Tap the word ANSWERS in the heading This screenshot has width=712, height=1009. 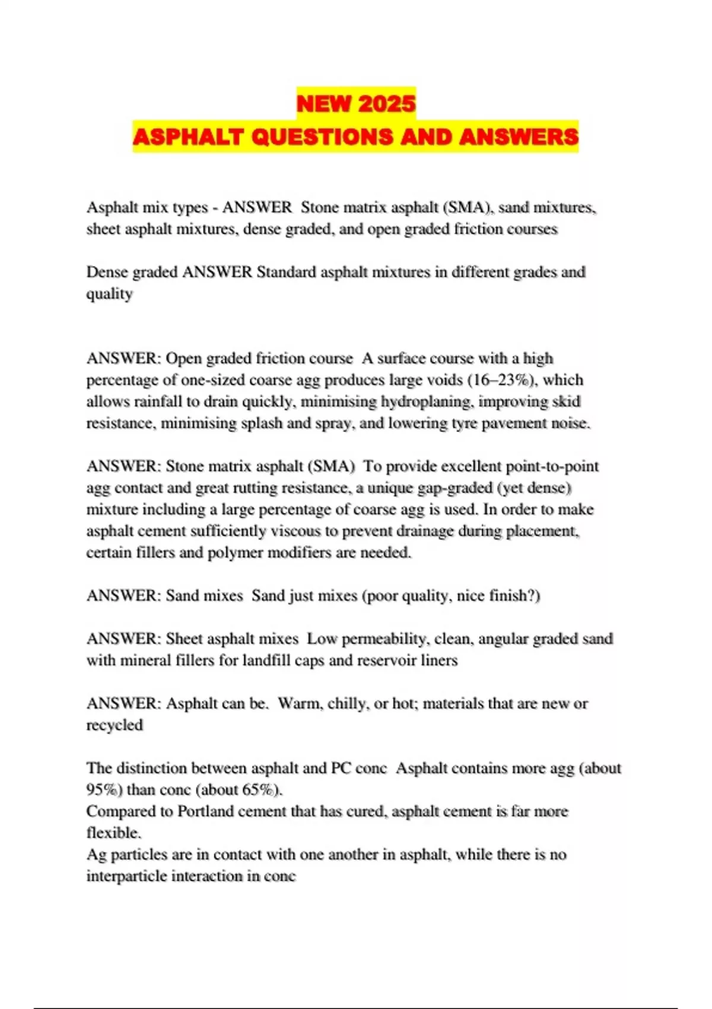519,137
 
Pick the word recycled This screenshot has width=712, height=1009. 115,725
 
